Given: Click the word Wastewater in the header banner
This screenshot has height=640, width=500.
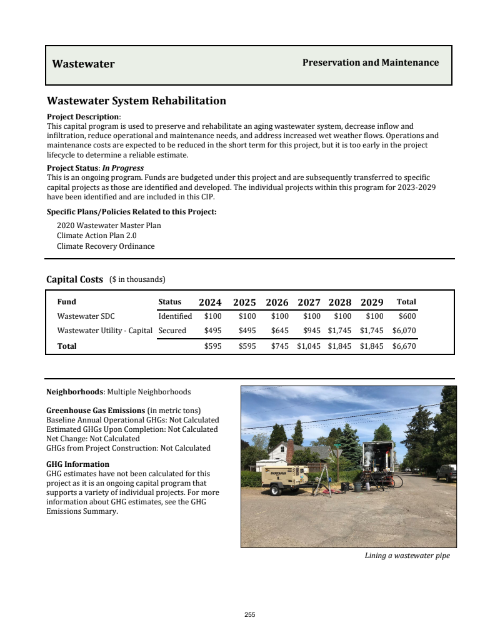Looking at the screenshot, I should [83, 64].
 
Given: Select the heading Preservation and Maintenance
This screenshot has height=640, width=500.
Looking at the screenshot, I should [371, 62].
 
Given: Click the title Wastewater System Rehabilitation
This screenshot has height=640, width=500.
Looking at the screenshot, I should [136, 101].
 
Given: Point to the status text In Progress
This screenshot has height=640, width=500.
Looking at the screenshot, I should [122, 168].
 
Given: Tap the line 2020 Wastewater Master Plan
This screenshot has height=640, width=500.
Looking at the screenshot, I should [109, 225].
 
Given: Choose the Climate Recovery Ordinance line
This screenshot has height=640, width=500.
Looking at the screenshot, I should [106, 246].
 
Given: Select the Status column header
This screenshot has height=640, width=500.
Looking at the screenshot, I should [170, 302].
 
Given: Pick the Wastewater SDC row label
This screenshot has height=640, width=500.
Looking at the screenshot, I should [86, 316].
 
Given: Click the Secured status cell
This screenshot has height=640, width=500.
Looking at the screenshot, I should [172, 331].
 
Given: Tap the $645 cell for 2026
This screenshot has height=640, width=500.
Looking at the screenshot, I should [279, 331].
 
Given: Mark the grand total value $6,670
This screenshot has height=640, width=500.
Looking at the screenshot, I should [404, 346].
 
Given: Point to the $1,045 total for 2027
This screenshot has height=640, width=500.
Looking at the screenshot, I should [309, 346].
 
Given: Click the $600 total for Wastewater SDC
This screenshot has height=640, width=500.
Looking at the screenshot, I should [407, 316].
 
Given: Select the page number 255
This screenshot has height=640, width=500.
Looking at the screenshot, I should [250, 615].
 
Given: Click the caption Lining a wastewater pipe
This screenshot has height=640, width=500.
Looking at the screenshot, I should [407, 556].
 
